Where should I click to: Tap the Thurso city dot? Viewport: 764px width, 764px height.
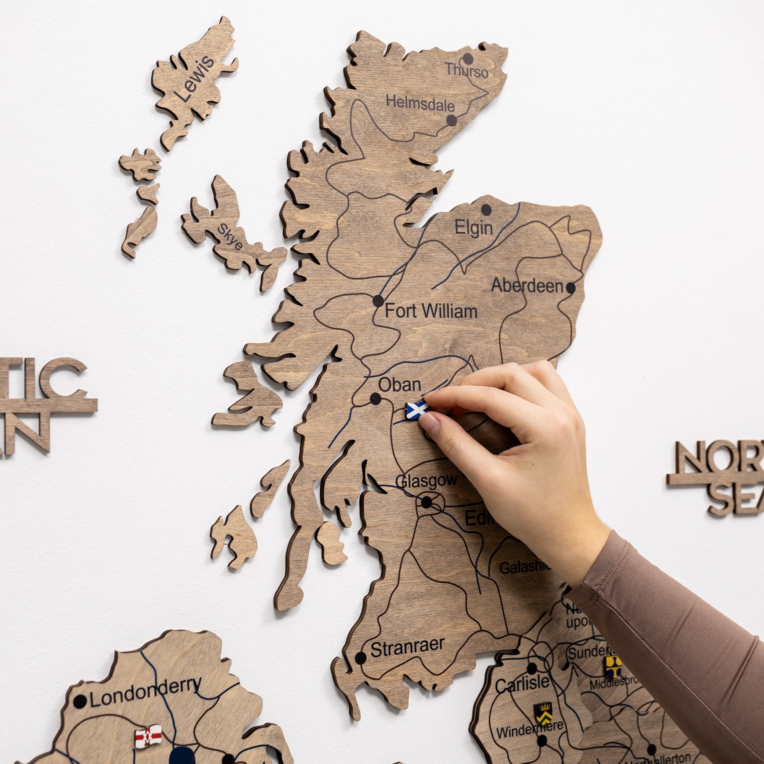tap(468, 59)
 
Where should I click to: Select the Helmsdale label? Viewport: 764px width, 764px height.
tap(420, 104)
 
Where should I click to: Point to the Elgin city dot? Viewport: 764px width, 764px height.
tap(486, 210)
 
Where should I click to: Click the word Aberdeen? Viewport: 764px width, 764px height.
tap(527, 285)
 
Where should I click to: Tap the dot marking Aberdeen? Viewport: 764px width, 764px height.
tap(570, 288)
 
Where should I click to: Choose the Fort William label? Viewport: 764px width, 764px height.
tap(431, 311)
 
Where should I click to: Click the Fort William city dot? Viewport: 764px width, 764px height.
tap(378, 301)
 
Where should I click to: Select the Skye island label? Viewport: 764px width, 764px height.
tap(230, 237)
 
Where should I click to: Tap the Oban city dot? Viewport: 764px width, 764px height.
tap(375, 398)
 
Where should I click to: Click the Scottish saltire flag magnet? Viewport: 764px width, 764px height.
tap(417, 410)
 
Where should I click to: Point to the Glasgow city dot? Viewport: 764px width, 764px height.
tap(426, 503)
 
